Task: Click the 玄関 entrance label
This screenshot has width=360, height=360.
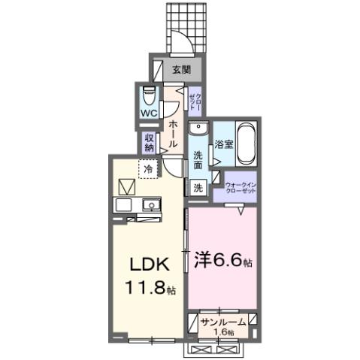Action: point(180,69)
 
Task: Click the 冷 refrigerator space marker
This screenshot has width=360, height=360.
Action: point(148,170)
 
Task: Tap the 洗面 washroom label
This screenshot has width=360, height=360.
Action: point(198,160)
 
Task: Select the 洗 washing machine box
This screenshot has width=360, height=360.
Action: point(198,187)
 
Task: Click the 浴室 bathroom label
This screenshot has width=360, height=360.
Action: point(222,143)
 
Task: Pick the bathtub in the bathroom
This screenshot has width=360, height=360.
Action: point(247,143)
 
